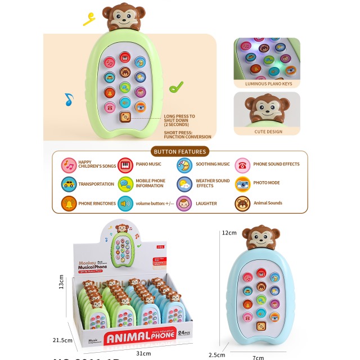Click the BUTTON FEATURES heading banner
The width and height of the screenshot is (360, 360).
[180, 151]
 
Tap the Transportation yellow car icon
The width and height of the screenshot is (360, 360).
[69, 184]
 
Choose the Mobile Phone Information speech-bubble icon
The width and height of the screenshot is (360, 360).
[126, 184]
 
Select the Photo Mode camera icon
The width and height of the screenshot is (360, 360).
[242, 184]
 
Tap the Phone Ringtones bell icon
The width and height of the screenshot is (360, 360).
[69, 203]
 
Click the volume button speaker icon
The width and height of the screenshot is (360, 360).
[126, 203]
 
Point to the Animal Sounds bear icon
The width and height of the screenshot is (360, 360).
[242, 203]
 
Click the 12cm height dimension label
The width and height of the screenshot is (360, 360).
[229, 232]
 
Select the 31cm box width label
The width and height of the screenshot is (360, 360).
[144, 353]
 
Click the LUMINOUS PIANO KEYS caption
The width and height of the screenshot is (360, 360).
[267, 83]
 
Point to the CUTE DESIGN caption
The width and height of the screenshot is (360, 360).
[267, 131]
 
